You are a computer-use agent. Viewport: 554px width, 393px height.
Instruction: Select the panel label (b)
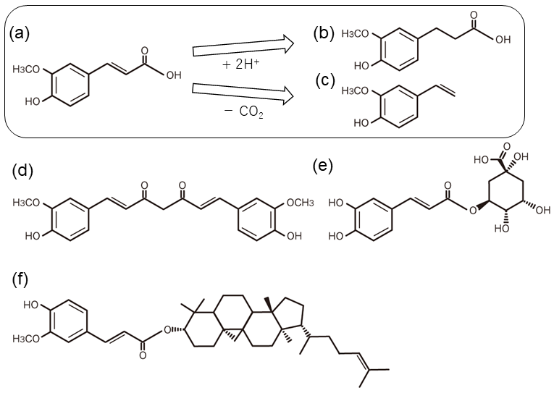(x=325, y=33)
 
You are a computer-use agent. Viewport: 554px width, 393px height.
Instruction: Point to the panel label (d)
(x=24, y=172)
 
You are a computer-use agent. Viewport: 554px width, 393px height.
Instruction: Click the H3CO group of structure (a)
(x=28, y=69)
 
